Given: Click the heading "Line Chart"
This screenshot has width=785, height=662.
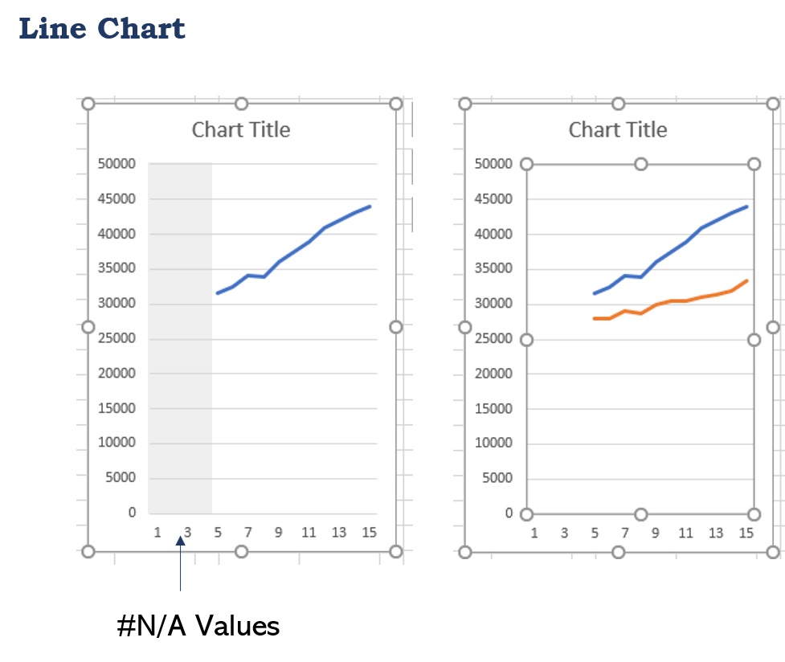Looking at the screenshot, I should (102, 29).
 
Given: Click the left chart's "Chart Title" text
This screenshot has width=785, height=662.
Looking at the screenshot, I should (241, 130).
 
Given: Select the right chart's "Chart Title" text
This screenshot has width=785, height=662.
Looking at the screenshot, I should (618, 130).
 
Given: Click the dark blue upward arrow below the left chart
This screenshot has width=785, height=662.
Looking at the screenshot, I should (181, 562).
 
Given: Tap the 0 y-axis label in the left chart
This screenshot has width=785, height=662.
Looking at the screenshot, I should (132, 513).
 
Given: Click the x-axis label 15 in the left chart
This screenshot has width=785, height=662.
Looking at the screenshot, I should (369, 532).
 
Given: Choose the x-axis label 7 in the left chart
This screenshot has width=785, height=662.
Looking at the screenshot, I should (248, 532).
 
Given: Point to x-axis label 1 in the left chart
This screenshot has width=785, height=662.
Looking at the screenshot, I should (157, 532).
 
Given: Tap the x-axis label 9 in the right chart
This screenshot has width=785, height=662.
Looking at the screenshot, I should (656, 533).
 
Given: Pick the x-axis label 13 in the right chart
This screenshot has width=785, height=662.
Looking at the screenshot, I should (716, 533).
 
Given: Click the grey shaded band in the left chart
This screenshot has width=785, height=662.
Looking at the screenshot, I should (180, 337).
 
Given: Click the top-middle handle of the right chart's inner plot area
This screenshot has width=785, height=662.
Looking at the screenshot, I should (640, 164).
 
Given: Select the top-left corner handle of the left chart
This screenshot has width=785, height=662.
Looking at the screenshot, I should (88, 104).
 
